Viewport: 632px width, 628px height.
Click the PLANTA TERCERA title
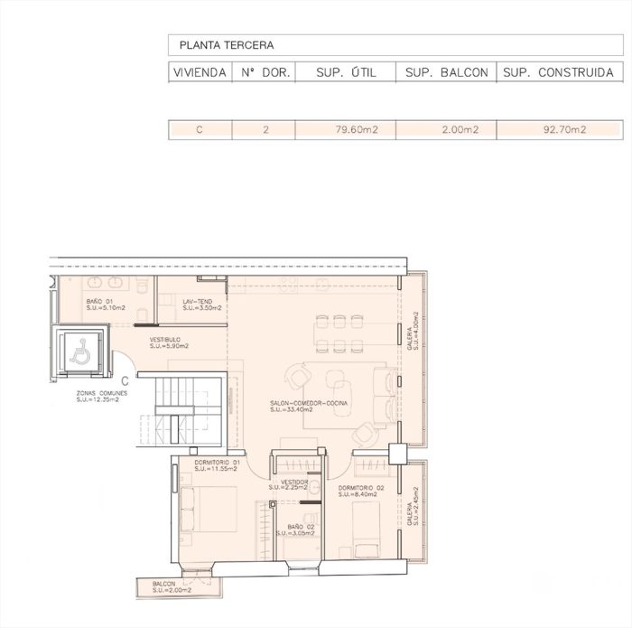[x=227, y=44]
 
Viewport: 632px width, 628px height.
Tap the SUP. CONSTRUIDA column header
[x=559, y=73]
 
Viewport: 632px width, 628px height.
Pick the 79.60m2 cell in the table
[x=356, y=130]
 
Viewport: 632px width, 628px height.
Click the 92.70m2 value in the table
[x=564, y=130]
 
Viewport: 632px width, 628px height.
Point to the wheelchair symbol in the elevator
[x=79, y=351]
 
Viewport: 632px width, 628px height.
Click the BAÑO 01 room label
[x=99, y=301]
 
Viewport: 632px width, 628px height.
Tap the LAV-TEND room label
[x=196, y=301]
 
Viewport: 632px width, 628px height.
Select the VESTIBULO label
[x=166, y=340]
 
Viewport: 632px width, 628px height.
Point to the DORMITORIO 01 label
[x=215, y=463]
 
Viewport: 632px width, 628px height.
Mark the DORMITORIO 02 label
[x=362, y=488]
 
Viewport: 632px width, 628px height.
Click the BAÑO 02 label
[x=301, y=527]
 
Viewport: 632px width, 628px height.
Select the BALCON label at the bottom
[x=163, y=585]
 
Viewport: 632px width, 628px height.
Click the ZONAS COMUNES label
[x=101, y=394]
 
